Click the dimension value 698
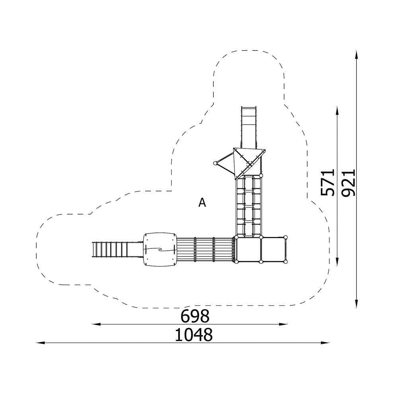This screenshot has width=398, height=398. (195, 316)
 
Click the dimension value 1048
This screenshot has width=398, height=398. (194, 335)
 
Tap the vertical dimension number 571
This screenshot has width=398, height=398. (328, 182)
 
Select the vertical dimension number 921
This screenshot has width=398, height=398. (348, 183)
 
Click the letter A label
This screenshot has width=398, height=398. (202, 203)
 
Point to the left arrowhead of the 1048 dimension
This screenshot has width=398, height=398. (41, 343)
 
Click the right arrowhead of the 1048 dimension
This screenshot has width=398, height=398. (325, 343)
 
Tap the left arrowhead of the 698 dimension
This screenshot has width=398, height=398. (96, 324)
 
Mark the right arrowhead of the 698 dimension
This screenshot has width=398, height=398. (283, 324)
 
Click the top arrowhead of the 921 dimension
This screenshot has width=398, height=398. (357, 55)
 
